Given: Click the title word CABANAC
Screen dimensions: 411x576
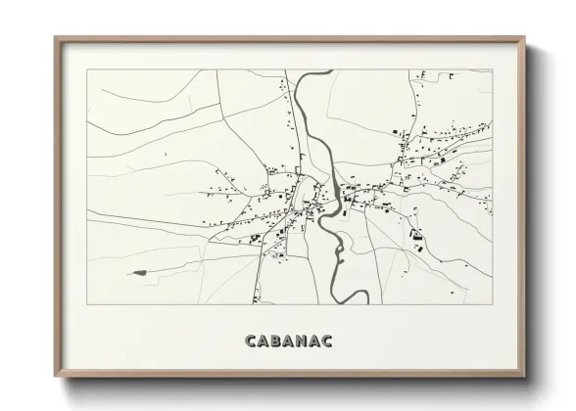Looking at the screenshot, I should [288, 340].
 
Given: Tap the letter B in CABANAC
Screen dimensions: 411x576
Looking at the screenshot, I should [273, 340].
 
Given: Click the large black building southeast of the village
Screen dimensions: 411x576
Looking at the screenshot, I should [416, 236].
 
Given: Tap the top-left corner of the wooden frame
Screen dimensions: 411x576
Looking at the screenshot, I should [55, 38].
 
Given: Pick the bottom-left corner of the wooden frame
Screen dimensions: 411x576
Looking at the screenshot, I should [55, 377].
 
